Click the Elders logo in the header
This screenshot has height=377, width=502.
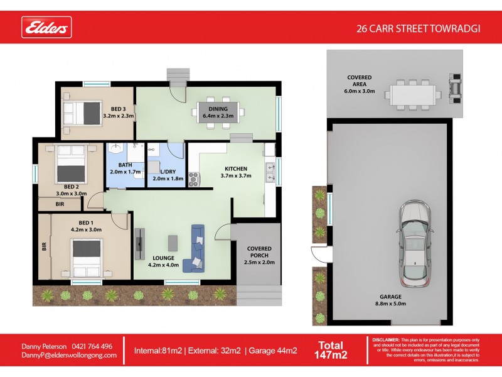[x=47, y=28]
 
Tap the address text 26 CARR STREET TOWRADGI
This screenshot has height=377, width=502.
[x=418, y=28]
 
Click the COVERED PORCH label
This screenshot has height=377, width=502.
[x=259, y=255]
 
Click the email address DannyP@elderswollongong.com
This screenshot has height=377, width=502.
[x=70, y=355]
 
